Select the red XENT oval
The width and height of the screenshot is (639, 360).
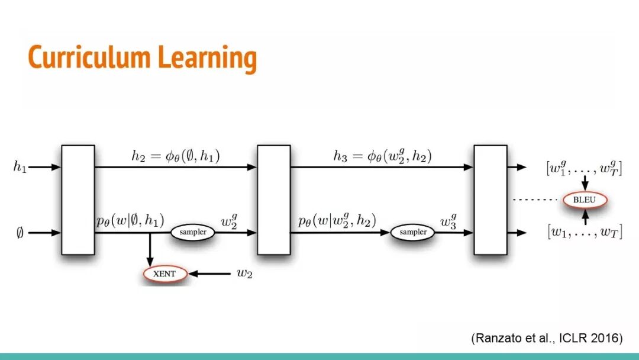[x=164, y=274]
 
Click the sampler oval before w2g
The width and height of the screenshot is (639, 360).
[x=193, y=232]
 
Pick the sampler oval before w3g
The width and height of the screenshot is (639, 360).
[x=412, y=232]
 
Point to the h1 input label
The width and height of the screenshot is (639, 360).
[x=20, y=168]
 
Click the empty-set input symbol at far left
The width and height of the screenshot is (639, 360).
[x=20, y=233]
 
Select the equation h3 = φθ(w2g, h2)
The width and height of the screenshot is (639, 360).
[x=382, y=156]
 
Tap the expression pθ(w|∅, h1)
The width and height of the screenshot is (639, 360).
[x=130, y=220]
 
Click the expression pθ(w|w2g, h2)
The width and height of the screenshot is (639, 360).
[x=337, y=221]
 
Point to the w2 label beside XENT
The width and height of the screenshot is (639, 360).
[x=244, y=274]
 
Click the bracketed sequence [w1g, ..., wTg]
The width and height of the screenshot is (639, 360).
[x=583, y=168]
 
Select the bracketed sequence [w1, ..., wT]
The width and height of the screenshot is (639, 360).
[x=583, y=233]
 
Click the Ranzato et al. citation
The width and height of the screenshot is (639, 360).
[x=547, y=338]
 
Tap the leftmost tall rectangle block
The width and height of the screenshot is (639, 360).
[x=78, y=200]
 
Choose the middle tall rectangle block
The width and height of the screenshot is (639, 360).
[x=273, y=200]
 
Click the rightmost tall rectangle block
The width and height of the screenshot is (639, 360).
[x=490, y=200]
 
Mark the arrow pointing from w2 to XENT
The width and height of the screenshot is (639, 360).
[x=210, y=274]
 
